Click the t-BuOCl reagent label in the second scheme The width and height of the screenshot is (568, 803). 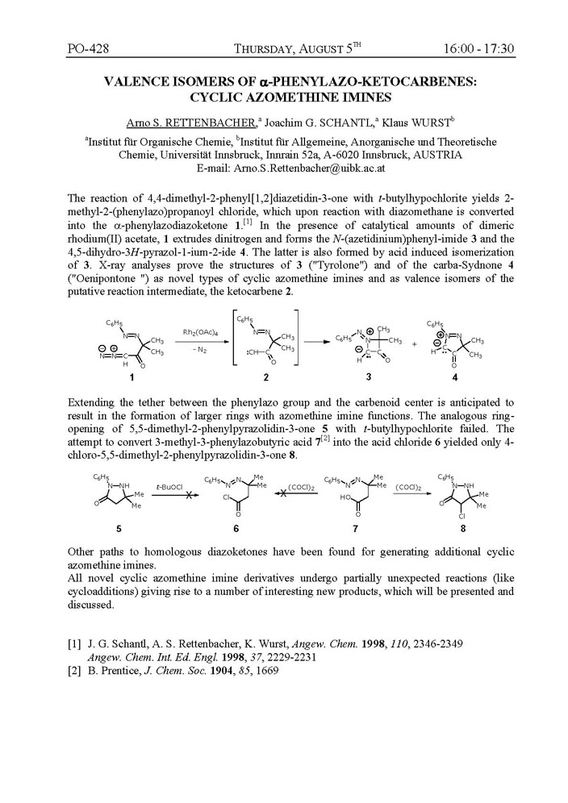tap(173, 486)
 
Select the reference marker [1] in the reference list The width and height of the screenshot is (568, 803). tap(73, 644)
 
